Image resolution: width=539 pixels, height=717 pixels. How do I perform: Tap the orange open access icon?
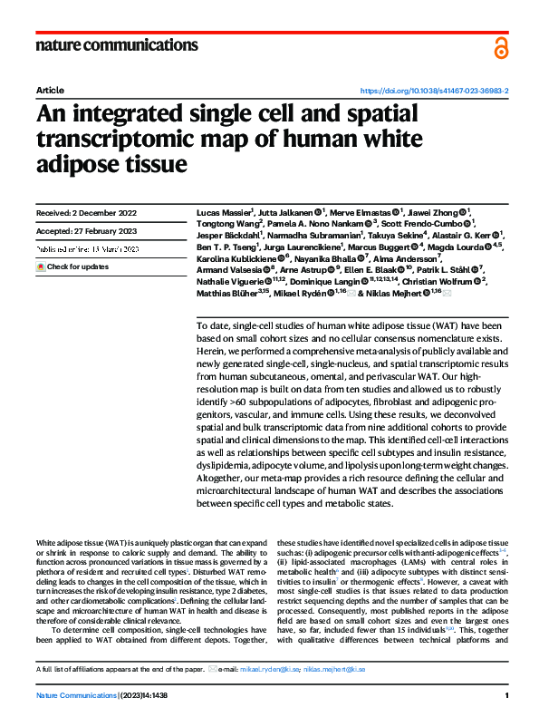click(x=501, y=48)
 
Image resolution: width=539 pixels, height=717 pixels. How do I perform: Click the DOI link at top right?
click(x=434, y=92)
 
